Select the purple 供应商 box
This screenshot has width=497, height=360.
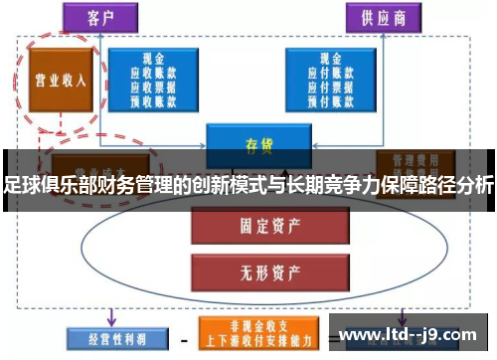[383, 17]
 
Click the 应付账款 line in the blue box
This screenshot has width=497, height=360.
[328, 73]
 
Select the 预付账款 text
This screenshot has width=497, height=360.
[328, 98]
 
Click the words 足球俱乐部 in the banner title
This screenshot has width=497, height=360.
[41, 185]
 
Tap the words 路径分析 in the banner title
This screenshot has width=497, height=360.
[457, 185]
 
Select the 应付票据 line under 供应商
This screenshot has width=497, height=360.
[328, 86]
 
